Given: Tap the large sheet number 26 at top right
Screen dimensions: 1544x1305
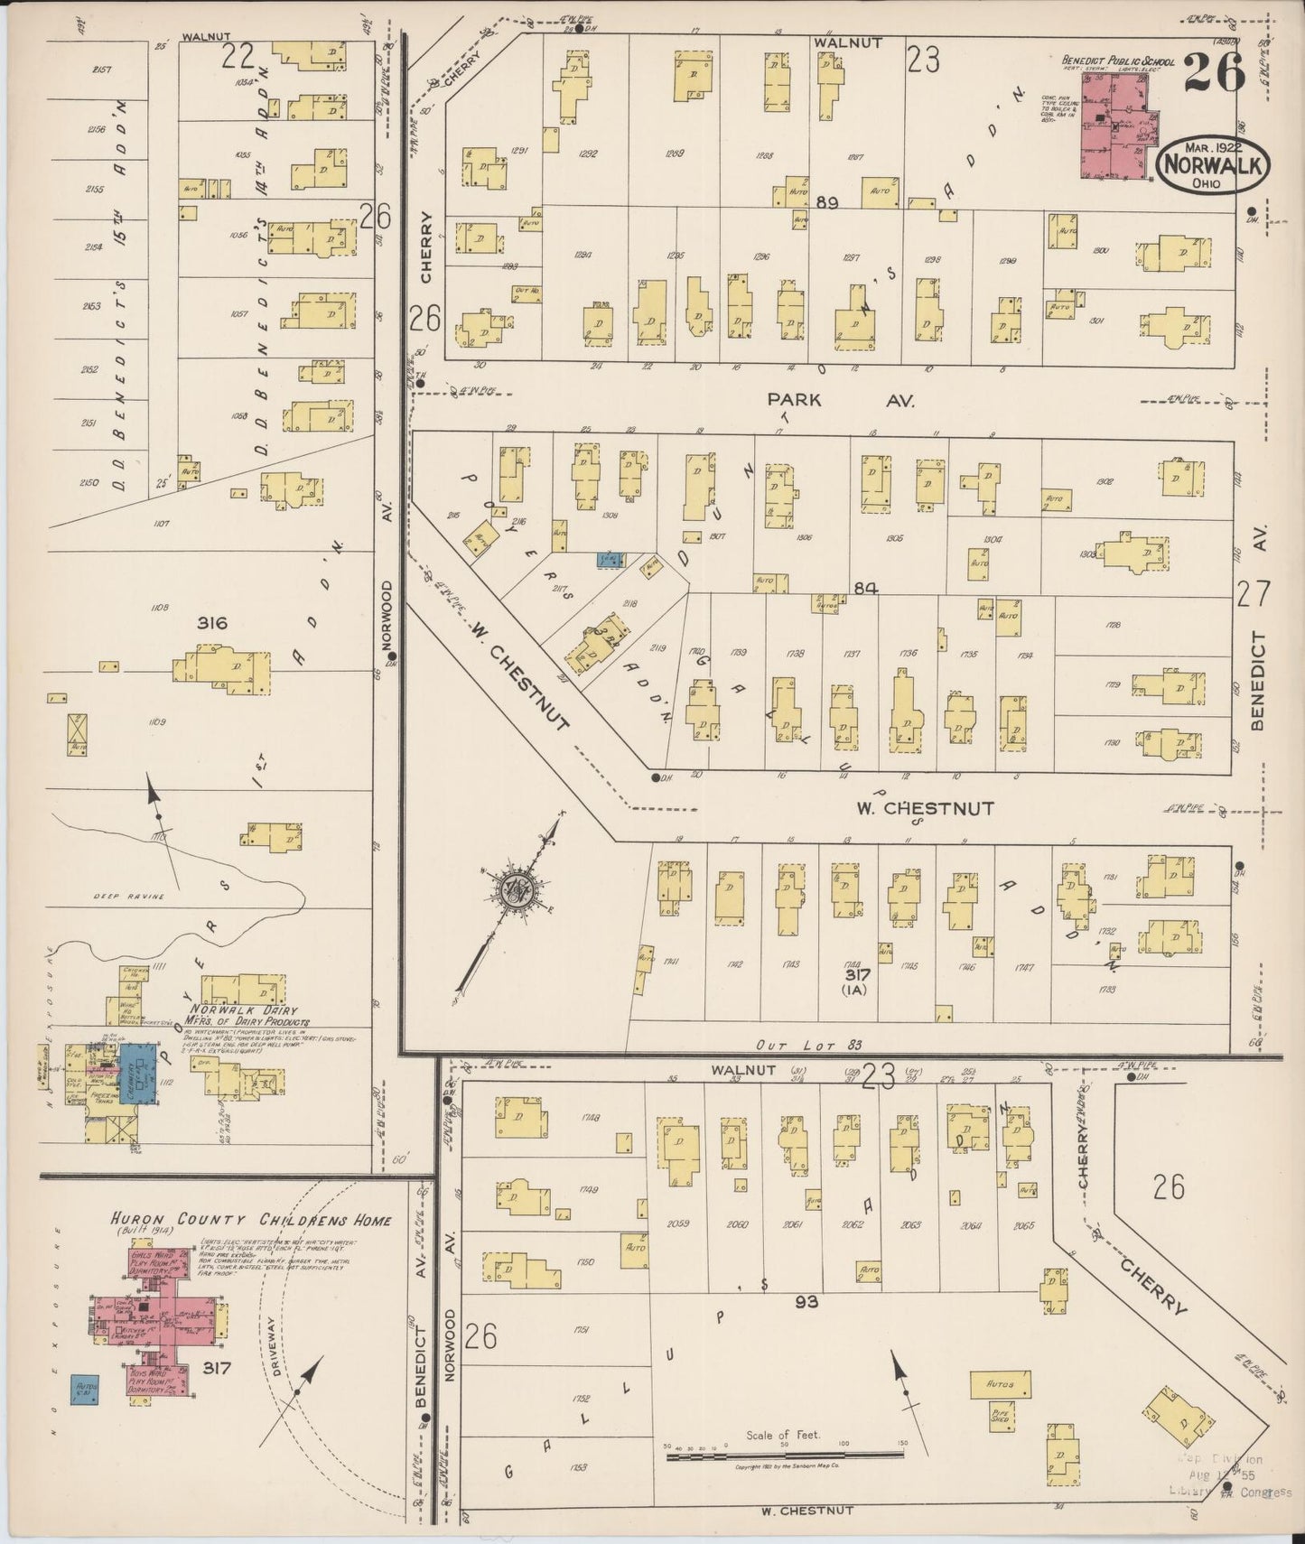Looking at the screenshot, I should click(1214, 72).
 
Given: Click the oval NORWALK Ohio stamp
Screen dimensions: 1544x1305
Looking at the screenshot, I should click(1215, 165).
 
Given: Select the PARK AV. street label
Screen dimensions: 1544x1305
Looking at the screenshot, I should click(841, 399).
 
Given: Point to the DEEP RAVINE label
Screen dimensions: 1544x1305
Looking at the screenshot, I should click(132, 897).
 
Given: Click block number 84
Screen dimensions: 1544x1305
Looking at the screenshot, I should click(864, 589).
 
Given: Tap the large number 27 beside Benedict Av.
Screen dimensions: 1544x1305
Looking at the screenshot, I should click(1253, 594).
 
